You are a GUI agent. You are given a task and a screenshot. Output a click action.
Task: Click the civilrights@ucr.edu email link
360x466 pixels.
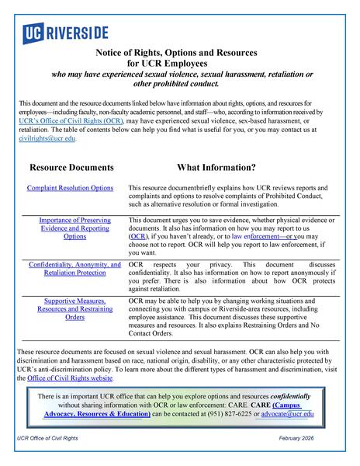47,138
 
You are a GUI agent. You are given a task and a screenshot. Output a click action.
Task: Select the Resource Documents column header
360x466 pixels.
71,167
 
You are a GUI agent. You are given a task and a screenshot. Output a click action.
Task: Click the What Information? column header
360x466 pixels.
216,167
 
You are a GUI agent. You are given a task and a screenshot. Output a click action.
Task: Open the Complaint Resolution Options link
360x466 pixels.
70,188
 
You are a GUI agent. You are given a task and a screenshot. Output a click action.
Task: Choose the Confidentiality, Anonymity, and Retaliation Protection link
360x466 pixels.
74,269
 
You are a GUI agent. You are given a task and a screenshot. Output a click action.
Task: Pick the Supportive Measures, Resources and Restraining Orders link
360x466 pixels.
74,308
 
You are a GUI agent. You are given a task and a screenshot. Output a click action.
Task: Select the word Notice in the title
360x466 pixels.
112,51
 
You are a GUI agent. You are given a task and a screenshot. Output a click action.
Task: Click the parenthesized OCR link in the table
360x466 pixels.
138,236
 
